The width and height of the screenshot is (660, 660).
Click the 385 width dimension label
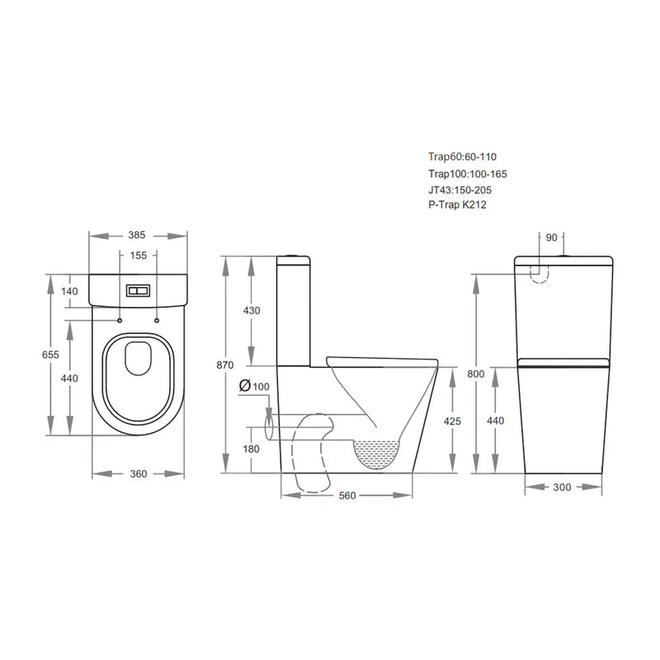138,235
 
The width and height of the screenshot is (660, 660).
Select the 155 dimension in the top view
138,256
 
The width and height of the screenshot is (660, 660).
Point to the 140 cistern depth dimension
68,291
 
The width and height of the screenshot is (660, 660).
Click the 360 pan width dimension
138,474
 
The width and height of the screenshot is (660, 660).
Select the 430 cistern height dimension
252,310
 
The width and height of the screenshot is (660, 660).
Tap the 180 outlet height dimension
252,449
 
